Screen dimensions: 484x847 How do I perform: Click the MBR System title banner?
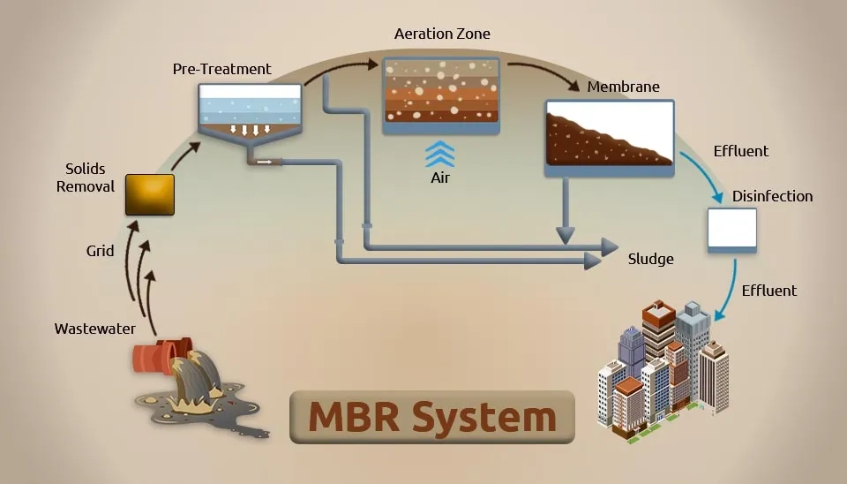432,416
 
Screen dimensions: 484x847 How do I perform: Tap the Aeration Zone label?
442,34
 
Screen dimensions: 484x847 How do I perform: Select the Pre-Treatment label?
222,69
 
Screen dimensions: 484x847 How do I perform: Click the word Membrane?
623,87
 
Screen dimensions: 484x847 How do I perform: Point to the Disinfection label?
772,196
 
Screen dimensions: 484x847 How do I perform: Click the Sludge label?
650,259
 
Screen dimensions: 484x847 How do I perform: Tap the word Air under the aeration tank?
439,178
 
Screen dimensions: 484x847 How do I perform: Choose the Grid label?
100,251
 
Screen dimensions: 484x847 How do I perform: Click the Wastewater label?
95,329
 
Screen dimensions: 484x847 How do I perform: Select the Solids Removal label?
86,177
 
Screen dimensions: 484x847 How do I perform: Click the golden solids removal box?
149,194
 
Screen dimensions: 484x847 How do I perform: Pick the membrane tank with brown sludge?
609,137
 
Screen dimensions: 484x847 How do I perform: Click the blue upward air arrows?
439,154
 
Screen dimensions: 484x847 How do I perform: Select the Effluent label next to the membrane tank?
740,151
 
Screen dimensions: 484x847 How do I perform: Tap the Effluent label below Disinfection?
768,291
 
